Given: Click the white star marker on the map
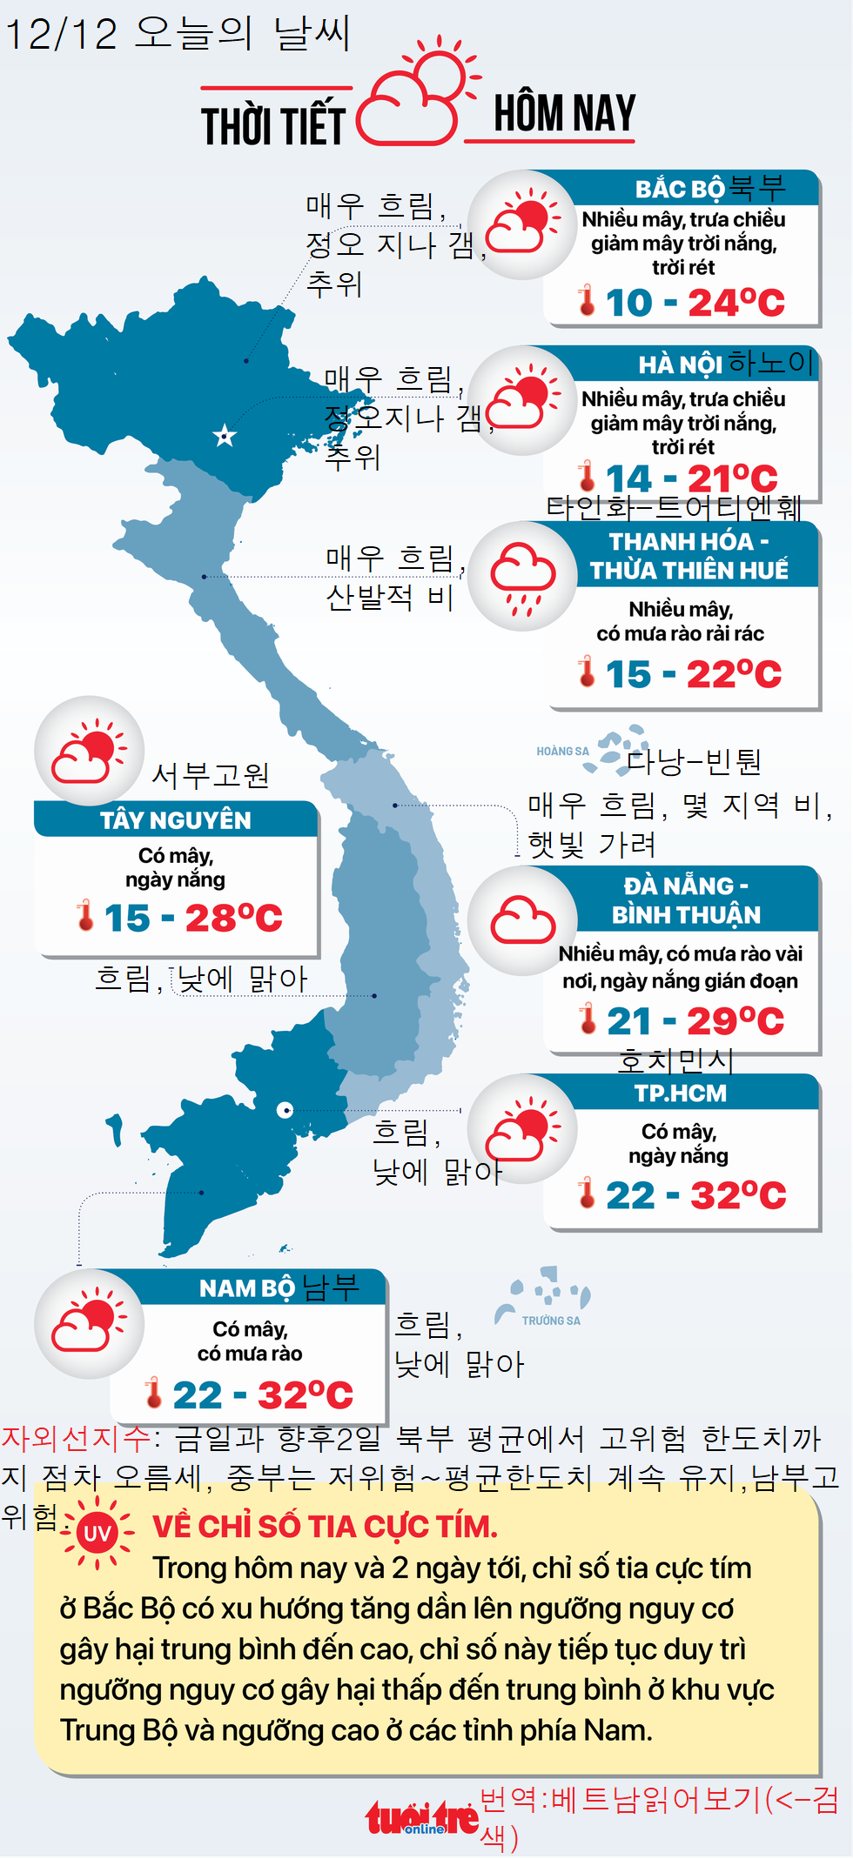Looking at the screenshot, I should pyautogui.click(x=225, y=436).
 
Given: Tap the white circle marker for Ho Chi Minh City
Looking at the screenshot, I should pyautogui.click(x=285, y=1110).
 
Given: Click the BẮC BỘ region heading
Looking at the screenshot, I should pyautogui.click(x=680, y=189).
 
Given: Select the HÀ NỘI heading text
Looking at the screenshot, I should pyautogui.click(x=680, y=364).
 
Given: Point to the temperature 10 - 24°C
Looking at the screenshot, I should pyautogui.click(x=694, y=303).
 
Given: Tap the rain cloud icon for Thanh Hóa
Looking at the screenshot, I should pyautogui.click(x=522, y=576).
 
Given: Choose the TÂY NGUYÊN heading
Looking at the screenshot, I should pyautogui.click(x=176, y=820).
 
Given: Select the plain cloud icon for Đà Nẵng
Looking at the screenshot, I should pyautogui.click(x=522, y=920).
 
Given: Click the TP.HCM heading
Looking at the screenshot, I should pyautogui.click(x=680, y=1093).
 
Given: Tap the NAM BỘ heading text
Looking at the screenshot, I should pyautogui.click(x=247, y=1287).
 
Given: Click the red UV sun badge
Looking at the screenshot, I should pyautogui.click(x=97, y=1533).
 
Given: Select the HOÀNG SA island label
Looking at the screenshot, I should pyautogui.click(x=562, y=752).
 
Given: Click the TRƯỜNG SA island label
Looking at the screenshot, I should pyautogui.click(x=551, y=1321).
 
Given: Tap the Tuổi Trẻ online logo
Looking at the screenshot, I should pyautogui.click(x=421, y=1818).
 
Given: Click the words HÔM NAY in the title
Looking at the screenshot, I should pyautogui.click(x=564, y=114).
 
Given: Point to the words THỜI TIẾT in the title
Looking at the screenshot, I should pyautogui.click(x=273, y=125).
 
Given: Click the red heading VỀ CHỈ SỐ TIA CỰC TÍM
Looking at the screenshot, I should pyautogui.click(x=326, y=1527).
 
